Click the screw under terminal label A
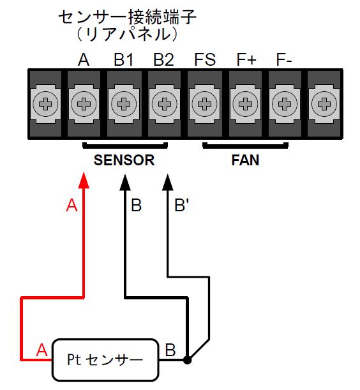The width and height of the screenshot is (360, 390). [84, 103]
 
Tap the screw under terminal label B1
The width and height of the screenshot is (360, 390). [124, 103]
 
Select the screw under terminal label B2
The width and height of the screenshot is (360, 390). [164, 103]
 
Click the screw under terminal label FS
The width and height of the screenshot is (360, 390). [204, 103]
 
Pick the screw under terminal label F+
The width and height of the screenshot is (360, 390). [245, 103]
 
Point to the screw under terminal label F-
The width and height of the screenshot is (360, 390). [285, 103]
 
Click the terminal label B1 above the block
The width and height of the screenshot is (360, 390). [124, 60]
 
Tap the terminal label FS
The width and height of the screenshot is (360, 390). [205, 60]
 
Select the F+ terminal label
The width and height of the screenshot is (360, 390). [246, 60]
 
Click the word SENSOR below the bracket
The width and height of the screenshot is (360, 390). [124, 160]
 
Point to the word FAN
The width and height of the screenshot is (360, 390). [245, 160]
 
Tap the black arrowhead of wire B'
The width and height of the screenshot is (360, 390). [168, 183]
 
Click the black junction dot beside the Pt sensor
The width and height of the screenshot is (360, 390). [187, 360]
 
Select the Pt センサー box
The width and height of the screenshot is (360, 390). [105, 359]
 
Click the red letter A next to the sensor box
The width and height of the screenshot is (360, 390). [41, 350]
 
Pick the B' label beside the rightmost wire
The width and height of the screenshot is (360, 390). [182, 205]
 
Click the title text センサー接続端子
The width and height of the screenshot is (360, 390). [128, 17]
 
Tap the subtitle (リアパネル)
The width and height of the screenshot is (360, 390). [127, 34]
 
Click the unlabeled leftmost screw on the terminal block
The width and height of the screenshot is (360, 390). [45, 103]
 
